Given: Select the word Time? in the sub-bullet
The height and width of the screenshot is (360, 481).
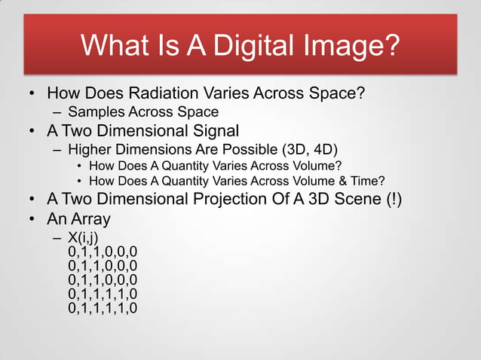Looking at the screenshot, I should [370, 181].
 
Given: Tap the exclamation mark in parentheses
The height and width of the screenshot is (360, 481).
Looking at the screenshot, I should [394, 200].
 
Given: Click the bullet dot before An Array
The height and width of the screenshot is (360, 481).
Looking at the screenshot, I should [32, 219].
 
